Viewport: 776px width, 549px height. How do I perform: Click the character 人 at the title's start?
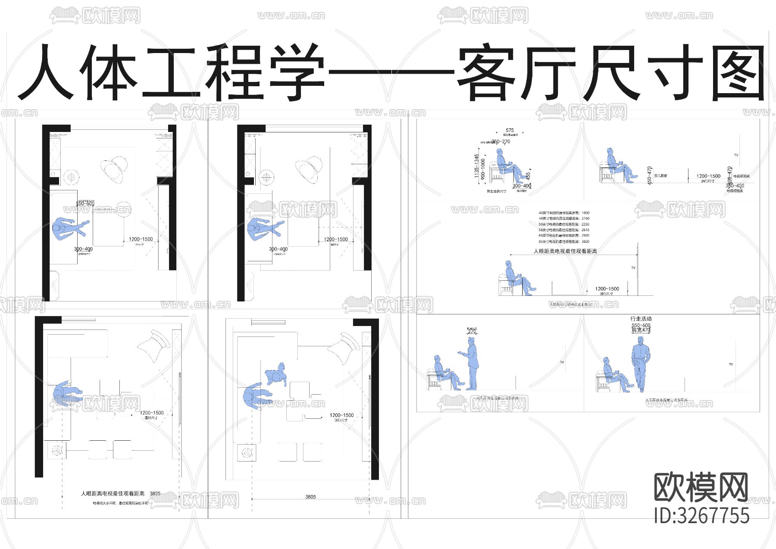45,73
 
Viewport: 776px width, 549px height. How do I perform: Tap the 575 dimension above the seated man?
510,130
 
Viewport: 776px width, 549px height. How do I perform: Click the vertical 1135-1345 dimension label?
476,166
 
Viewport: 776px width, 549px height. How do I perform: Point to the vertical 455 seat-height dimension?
528,176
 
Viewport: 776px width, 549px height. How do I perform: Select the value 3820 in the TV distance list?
585,242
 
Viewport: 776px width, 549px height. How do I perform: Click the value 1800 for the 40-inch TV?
585,213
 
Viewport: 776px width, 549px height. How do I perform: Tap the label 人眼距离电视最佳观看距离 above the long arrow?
565,251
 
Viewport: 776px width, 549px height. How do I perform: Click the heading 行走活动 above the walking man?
641,319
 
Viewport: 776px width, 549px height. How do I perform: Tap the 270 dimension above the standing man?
472,331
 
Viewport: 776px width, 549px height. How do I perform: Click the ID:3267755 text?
701,516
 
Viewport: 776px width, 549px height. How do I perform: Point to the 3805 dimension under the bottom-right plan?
310,497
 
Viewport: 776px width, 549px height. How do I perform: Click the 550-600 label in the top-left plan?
85,204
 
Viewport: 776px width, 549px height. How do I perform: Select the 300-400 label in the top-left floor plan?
83,249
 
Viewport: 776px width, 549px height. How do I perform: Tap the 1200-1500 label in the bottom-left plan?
151,413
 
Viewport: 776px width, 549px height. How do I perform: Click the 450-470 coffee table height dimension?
649,176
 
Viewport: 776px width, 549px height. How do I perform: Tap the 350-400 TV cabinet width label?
735,186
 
